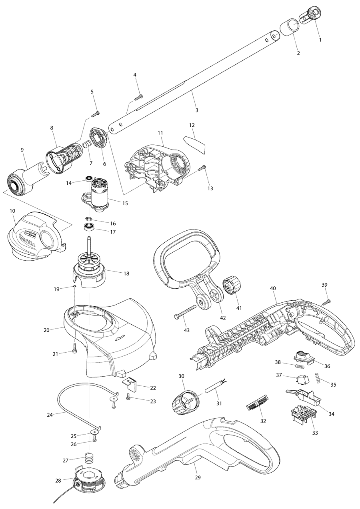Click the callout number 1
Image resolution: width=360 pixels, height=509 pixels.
click(320, 40)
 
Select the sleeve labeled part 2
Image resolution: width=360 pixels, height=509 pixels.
click(290, 28)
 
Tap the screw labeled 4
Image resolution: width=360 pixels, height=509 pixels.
click(139, 96)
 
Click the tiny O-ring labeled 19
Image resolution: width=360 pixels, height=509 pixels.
click(75, 286)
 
